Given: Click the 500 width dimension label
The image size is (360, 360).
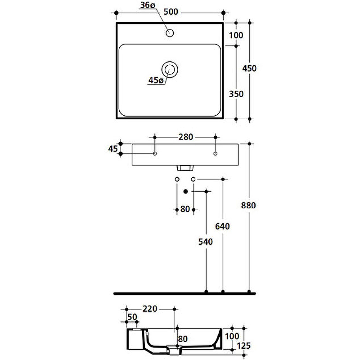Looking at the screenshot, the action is coord(171,12).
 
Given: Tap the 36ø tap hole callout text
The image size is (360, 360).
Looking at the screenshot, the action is coord(148,5).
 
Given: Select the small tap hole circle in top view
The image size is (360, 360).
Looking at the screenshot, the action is coord(170,33).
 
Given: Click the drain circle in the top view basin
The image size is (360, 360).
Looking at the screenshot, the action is coord(170,69).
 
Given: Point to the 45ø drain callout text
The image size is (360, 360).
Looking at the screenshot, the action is coord(156,80).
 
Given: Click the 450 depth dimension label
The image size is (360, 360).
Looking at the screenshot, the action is coord(249,68).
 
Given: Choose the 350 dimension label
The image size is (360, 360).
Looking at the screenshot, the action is coord(236,94).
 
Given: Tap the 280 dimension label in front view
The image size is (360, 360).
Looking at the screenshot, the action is coord(186,137).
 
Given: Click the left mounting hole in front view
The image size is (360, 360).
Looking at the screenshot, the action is coord(155,153).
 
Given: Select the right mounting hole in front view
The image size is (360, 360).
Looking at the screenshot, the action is coord(216,153).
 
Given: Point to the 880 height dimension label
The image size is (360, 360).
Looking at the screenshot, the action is coord(248,205).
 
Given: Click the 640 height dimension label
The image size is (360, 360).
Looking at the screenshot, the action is coord(222,226).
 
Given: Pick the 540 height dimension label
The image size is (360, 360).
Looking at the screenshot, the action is coord(206,242).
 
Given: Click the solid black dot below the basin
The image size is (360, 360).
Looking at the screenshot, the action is coord(186,191).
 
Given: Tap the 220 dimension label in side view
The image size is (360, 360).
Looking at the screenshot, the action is coord(150,309).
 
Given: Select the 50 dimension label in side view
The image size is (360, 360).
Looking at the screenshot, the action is coord(132,317).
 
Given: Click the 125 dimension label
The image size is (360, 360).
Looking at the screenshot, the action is coord(243,346).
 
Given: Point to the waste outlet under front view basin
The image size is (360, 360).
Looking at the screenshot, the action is coord(185,168).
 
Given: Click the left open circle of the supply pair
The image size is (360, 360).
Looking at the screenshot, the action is coord(177,179).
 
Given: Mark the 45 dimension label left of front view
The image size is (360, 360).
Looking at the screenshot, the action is coord(113,149).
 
